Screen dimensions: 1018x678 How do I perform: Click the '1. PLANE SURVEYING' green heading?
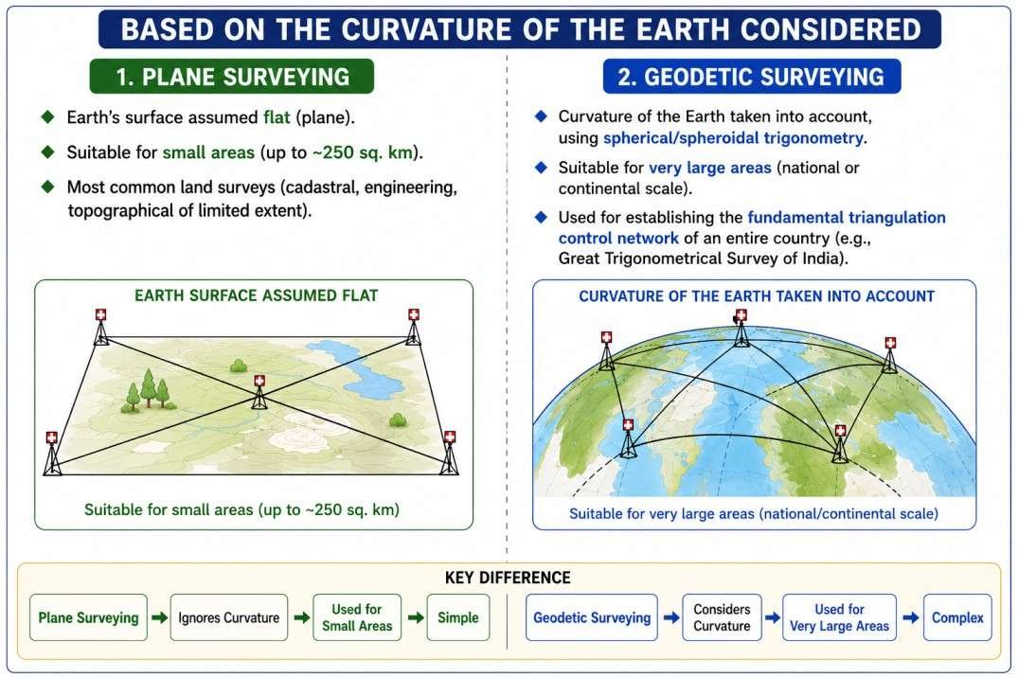pyautogui.click(x=232, y=77)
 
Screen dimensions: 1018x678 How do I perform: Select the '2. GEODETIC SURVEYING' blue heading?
pyautogui.click(x=752, y=77)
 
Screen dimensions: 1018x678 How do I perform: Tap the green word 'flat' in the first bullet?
pyautogui.click(x=277, y=117)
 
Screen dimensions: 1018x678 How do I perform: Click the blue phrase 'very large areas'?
pyautogui.click(x=710, y=168)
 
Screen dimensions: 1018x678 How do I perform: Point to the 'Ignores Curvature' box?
pyautogui.click(x=229, y=617)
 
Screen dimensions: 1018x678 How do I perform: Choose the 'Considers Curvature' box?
pyautogui.click(x=722, y=617)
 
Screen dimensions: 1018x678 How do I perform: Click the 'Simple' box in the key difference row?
pyautogui.click(x=458, y=617)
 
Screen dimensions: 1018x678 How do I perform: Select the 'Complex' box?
pyautogui.click(x=957, y=617)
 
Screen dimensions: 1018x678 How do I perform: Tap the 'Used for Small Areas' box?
pyautogui.click(x=357, y=617)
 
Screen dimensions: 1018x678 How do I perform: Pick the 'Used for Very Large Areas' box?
pyautogui.click(x=839, y=617)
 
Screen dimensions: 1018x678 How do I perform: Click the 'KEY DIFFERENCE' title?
pyautogui.click(x=508, y=578)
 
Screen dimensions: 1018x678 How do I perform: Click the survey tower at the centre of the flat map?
pyautogui.click(x=259, y=392)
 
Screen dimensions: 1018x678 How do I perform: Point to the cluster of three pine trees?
pyautogui.click(x=149, y=391)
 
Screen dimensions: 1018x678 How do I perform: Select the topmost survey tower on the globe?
pyautogui.click(x=741, y=328)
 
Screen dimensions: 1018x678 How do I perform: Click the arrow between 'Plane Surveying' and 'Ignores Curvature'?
pyautogui.click(x=159, y=617)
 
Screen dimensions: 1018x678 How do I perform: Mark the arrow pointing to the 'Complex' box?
pyautogui.click(x=910, y=617)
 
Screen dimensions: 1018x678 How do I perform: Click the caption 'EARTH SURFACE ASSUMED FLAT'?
pyautogui.click(x=257, y=295)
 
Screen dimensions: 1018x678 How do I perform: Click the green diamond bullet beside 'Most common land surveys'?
pyautogui.click(x=47, y=187)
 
